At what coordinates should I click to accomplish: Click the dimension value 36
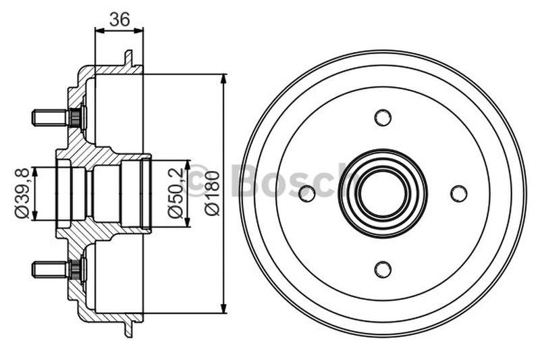point(119,20)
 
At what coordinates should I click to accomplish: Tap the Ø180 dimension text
point(212,193)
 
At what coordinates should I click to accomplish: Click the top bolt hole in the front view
point(383,118)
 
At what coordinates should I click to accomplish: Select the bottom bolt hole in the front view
point(383,269)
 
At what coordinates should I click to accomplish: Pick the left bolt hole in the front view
point(307,194)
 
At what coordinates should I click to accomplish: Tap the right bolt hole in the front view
point(458,194)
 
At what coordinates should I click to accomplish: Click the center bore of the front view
point(383,194)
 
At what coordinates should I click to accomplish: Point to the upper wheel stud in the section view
point(54,118)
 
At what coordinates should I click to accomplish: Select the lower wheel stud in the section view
point(54,269)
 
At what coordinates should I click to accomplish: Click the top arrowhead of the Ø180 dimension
point(223,78)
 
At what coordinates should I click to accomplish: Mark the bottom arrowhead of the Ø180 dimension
point(223,309)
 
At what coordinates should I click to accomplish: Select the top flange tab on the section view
point(128,58)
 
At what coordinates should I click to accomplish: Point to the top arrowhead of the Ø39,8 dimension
point(36,170)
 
